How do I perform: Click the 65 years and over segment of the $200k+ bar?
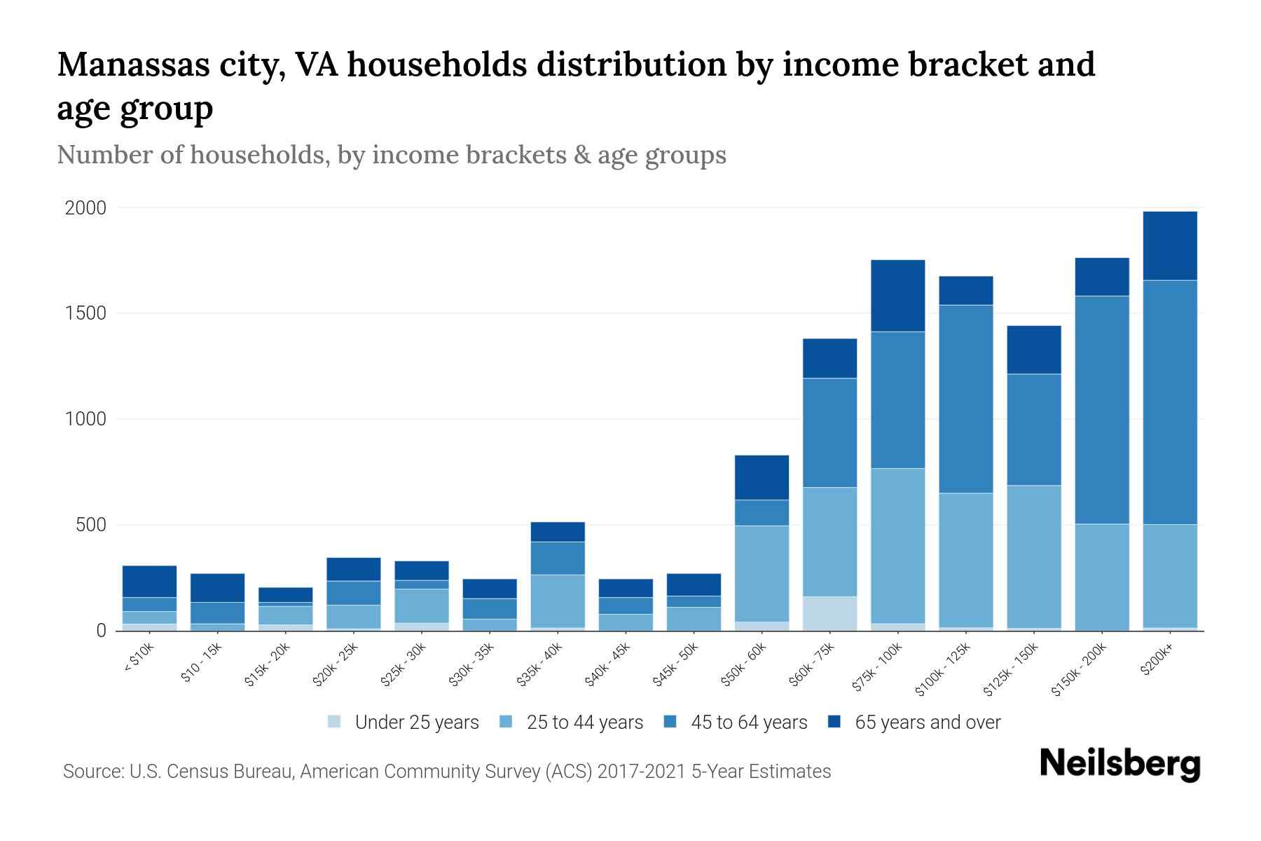pyautogui.click(x=1170, y=245)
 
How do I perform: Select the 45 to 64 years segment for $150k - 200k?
pyautogui.click(x=1102, y=410)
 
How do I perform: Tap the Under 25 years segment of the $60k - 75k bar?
pyautogui.click(x=829, y=613)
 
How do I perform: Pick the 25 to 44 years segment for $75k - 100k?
pyautogui.click(x=897, y=545)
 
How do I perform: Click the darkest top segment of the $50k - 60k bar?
pyautogui.click(x=762, y=477)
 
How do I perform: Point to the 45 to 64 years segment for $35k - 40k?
pyautogui.click(x=558, y=558)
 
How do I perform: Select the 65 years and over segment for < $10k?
pyautogui.click(x=149, y=581)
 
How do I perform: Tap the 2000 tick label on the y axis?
pyautogui.click(x=85, y=208)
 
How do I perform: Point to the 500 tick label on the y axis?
pyautogui.click(x=91, y=525)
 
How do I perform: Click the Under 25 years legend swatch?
pyautogui.click(x=334, y=721)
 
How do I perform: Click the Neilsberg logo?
pyautogui.click(x=1119, y=765)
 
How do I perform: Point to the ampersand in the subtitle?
pyautogui.click(x=581, y=155)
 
